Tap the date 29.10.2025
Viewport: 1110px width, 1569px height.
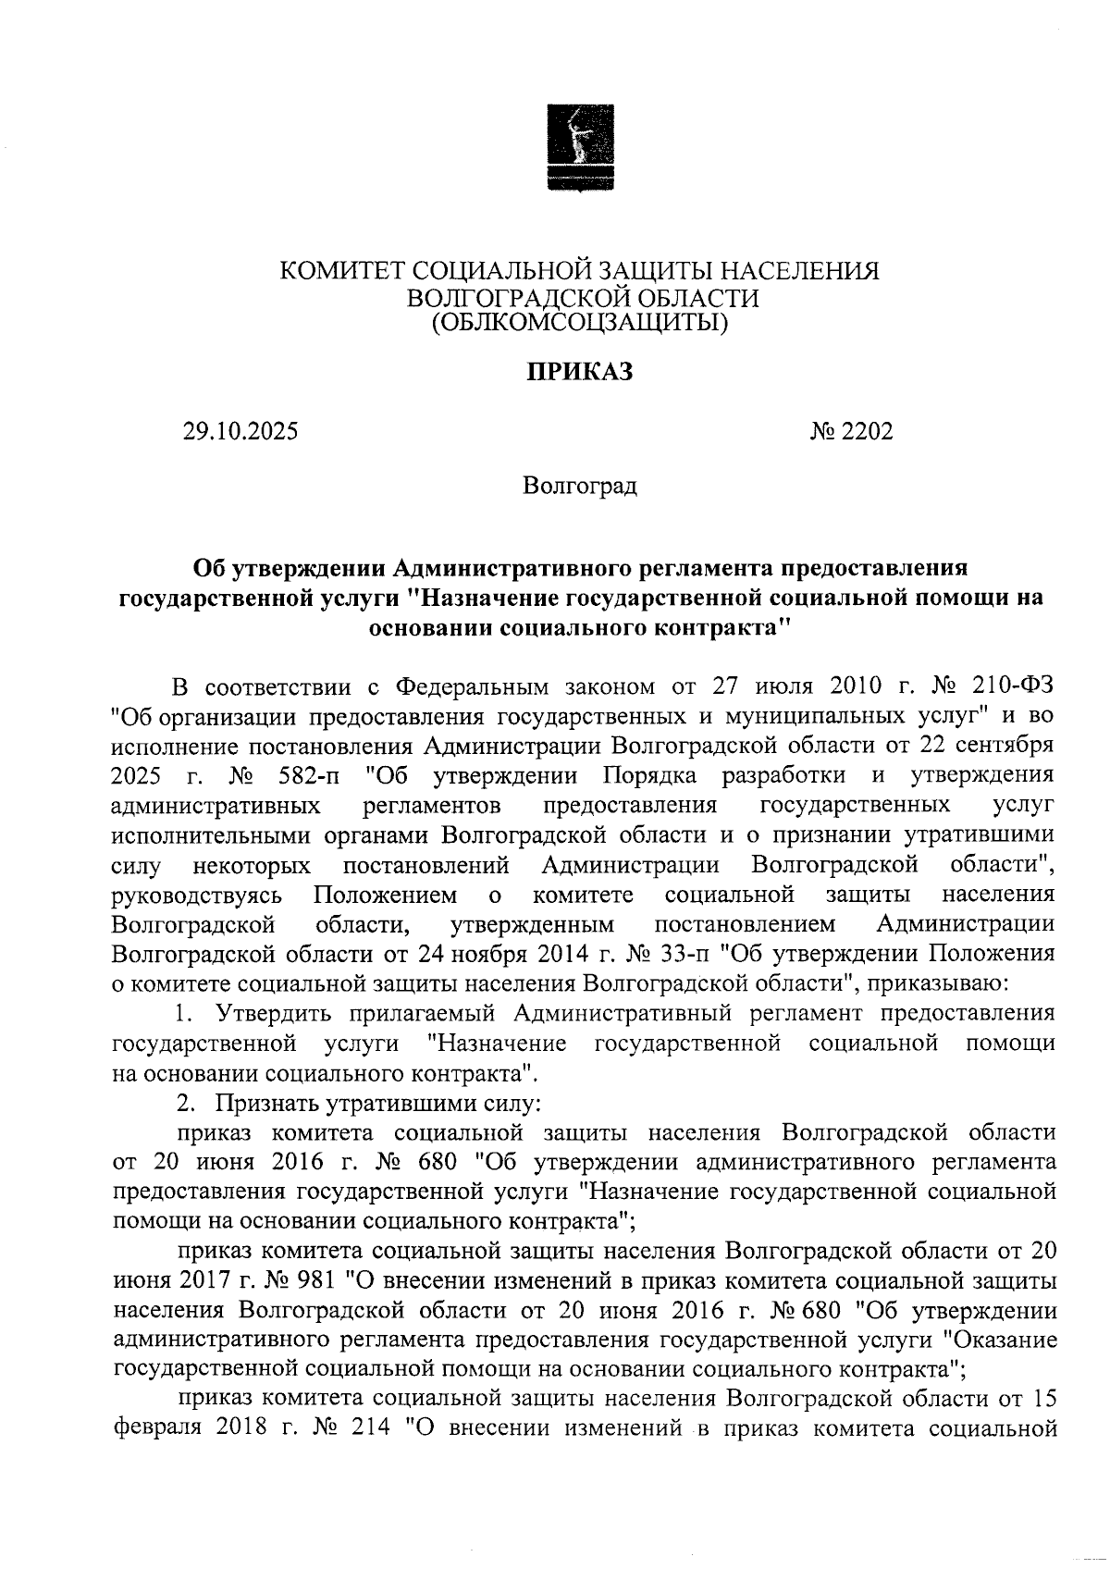(x=240, y=431)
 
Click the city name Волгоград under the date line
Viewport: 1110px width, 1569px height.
(x=579, y=486)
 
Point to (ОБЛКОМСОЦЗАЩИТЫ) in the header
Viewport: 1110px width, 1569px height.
(x=579, y=322)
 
